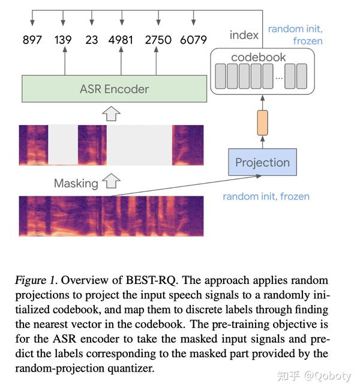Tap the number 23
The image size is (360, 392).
click(92, 40)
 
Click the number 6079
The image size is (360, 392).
click(193, 40)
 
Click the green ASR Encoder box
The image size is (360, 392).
click(114, 89)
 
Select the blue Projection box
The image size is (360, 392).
click(262, 162)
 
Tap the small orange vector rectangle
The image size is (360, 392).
click(262, 122)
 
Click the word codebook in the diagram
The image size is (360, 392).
click(258, 58)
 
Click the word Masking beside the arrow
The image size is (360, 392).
click(76, 183)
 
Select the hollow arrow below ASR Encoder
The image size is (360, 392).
click(112, 113)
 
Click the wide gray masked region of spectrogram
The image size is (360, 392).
click(139, 145)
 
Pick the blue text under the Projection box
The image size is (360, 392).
click(266, 196)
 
